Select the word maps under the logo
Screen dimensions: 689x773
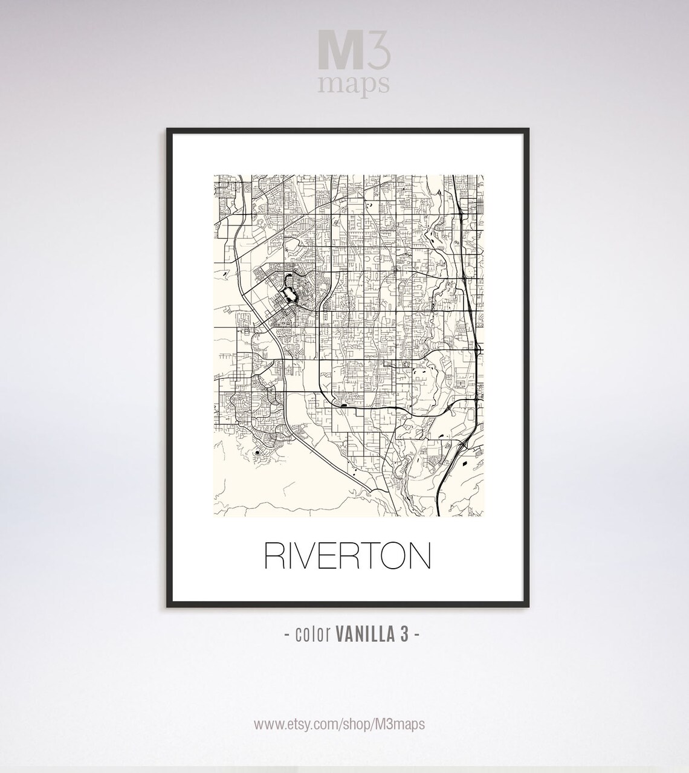pos(354,85)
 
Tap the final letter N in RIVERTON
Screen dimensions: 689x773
pos(419,556)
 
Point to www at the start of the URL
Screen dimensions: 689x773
pos(266,724)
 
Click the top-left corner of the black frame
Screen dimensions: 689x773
pos(169,130)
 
